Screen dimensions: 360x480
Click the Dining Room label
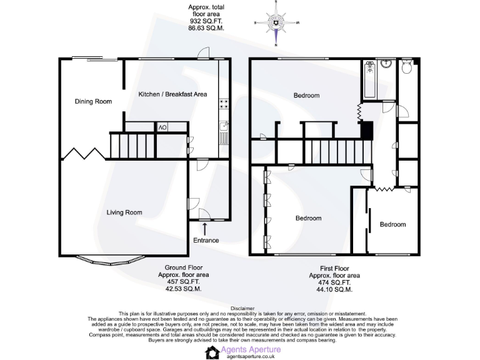tap(93, 101)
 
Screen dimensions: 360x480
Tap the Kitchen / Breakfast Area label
tap(172, 94)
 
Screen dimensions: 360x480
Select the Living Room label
tap(124, 212)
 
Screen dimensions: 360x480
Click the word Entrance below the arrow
tap(206, 241)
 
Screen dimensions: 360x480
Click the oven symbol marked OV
tap(162, 127)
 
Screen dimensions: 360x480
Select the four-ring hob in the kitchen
tap(224, 106)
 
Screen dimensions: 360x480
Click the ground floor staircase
tap(131, 146)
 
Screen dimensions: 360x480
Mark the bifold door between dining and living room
tap(84, 154)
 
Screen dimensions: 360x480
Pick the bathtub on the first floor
tap(368, 80)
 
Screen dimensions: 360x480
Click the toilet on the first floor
tap(407, 66)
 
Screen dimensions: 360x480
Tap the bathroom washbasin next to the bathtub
tap(386, 64)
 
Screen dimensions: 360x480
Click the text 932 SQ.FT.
tap(206, 21)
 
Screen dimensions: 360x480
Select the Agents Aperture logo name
tap(248, 349)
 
